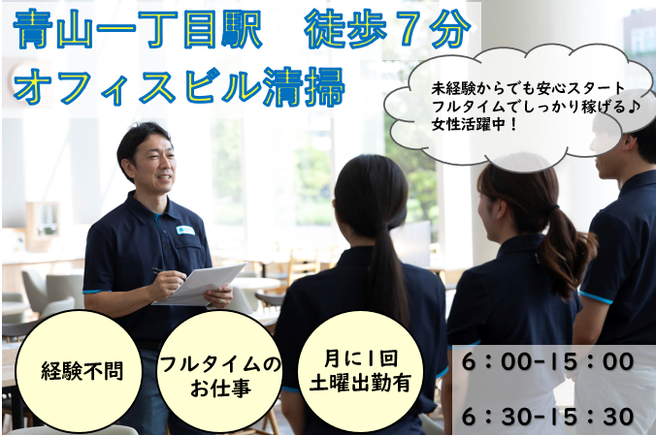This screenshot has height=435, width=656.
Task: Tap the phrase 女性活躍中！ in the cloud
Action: [477, 125]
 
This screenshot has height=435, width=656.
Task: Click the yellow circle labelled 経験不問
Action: [82, 370]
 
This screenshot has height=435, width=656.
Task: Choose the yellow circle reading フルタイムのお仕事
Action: [219, 370]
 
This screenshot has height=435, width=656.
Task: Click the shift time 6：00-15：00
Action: [548, 363]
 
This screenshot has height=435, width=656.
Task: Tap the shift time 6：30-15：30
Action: [548, 416]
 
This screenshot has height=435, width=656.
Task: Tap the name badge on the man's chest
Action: [185, 231]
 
